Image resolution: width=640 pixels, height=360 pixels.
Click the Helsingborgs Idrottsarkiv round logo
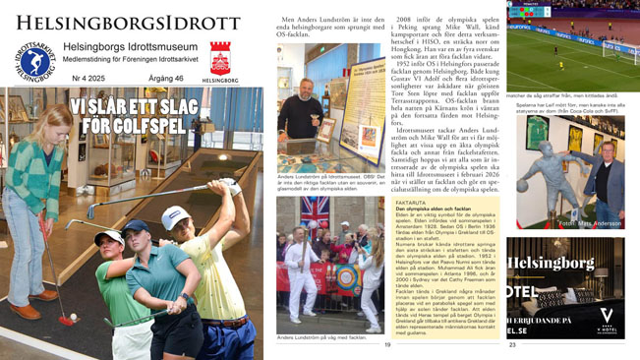pos(34,61)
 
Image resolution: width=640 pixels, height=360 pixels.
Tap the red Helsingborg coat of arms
pos(220,57)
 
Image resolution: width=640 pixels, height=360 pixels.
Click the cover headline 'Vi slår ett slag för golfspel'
pos(129,117)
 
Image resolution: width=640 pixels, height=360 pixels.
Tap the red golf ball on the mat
pos(66,319)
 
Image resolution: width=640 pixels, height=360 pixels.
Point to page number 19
pos(386,345)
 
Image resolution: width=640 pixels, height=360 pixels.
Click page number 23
pos(512,345)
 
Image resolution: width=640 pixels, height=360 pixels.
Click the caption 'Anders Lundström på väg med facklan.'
pos(321,337)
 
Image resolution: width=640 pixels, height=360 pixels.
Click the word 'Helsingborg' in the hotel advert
pos(551,264)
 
